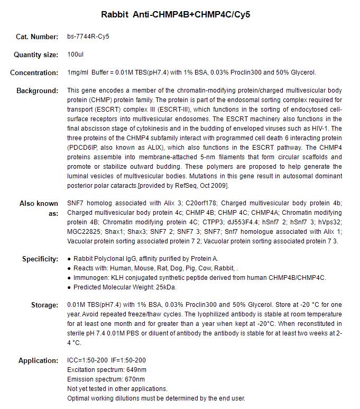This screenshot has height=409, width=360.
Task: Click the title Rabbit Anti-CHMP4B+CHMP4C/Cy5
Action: [x=176, y=14]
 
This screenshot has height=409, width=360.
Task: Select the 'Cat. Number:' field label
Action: [x=37, y=37]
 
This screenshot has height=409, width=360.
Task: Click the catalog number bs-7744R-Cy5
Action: [x=88, y=37]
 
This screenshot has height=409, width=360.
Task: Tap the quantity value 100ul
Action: [x=76, y=54]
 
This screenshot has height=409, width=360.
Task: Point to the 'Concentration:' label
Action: [x=34, y=72]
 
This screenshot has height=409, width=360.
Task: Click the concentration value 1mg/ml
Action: [x=77, y=72]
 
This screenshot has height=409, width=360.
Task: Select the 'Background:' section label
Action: [x=37, y=90]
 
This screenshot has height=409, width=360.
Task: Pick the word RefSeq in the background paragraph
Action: [x=202, y=186]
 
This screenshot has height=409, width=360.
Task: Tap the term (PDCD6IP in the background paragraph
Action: [x=82, y=148]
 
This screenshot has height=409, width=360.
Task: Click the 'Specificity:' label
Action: [x=40, y=259]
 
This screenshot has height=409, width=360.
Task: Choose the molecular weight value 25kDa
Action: [x=165, y=287]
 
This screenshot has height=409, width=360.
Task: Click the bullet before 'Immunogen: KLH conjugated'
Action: [x=69, y=278]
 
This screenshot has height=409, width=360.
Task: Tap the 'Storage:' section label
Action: [x=44, y=305]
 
